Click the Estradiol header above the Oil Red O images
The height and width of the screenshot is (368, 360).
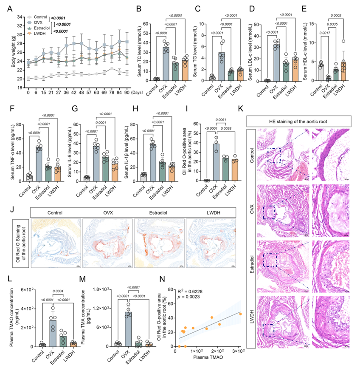158,211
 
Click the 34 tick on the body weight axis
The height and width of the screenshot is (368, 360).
20,17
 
